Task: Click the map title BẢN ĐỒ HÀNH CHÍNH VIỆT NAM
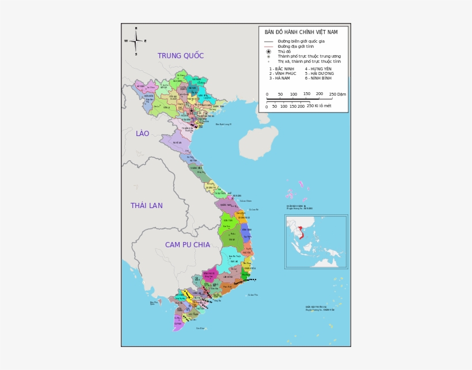coord(297,32)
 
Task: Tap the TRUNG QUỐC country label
coord(181,56)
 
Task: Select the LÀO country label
coord(142,134)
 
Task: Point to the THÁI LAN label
coord(146,206)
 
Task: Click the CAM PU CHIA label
coord(188,244)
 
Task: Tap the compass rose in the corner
coord(136,41)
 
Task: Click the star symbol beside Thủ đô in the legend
coord(268,52)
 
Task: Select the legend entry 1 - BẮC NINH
coord(281,69)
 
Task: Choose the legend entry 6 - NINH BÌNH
coord(318,78)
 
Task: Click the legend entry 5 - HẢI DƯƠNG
coord(319,73)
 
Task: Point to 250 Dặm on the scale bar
coord(337,94)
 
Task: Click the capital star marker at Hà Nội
coord(191,111)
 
